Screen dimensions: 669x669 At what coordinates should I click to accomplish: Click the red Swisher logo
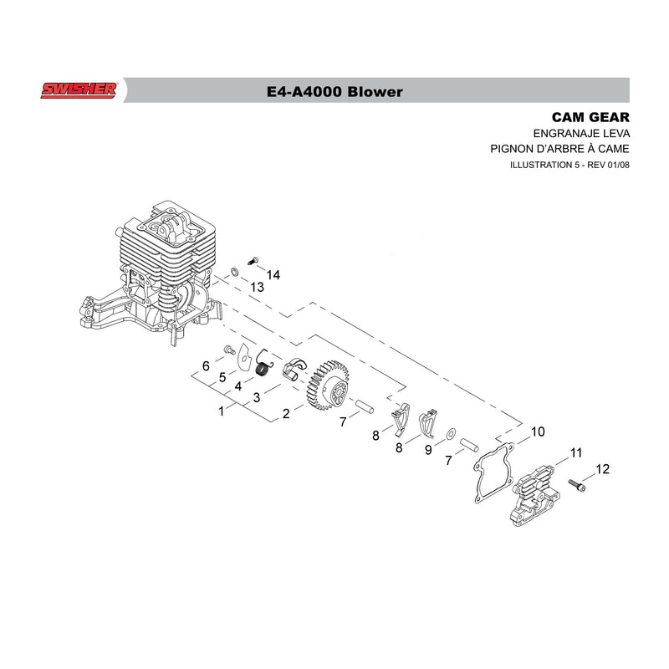[x=79, y=90]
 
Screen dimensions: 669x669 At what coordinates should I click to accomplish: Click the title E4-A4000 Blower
[x=334, y=92]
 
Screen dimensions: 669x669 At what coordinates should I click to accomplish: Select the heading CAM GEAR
[x=590, y=117]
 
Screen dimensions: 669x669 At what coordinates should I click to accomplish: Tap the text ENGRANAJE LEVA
[x=581, y=134]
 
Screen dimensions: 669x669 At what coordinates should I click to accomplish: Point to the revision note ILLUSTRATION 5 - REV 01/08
[x=569, y=165]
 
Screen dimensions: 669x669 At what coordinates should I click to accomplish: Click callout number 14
[x=273, y=275]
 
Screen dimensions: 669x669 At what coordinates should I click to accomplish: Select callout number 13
[x=257, y=287]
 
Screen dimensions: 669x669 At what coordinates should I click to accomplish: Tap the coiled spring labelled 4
[x=264, y=365]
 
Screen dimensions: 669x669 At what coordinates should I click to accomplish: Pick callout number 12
[x=602, y=469]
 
